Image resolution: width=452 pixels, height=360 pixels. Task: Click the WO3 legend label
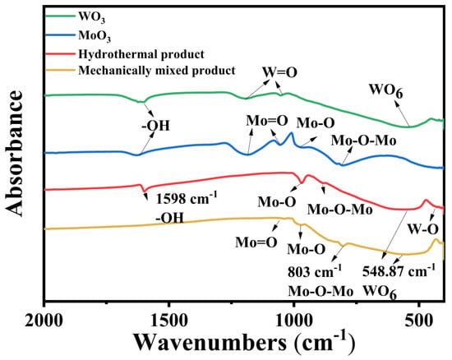[92, 17]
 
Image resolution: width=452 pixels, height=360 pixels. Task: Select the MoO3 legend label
[95, 36]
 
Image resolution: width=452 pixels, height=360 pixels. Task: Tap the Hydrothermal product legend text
[141, 54]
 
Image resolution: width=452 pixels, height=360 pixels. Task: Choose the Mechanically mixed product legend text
[157, 71]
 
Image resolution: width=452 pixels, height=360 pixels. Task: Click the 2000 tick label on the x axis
[44, 321]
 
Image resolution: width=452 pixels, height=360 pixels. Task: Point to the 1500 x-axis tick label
[169, 321]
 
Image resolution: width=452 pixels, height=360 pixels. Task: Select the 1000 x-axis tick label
[293, 321]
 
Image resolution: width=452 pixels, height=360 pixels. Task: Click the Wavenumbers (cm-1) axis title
[244, 343]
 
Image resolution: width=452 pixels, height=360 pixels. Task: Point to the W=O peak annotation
[279, 72]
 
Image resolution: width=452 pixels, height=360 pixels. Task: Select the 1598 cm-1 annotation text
[187, 198]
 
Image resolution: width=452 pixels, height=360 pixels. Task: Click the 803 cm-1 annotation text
[315, 271]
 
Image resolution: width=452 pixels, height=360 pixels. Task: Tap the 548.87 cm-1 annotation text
[399, 270]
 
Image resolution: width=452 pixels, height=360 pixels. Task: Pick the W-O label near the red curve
[423, 229]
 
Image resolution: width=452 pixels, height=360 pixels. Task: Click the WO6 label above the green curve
[386, 90]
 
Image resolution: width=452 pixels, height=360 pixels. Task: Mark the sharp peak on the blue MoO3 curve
[292, 133]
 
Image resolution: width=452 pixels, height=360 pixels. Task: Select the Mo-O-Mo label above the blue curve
[364, 141]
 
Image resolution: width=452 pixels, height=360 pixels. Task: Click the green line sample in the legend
[60, 16]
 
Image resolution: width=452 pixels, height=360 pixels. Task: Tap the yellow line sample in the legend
[60, 70]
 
